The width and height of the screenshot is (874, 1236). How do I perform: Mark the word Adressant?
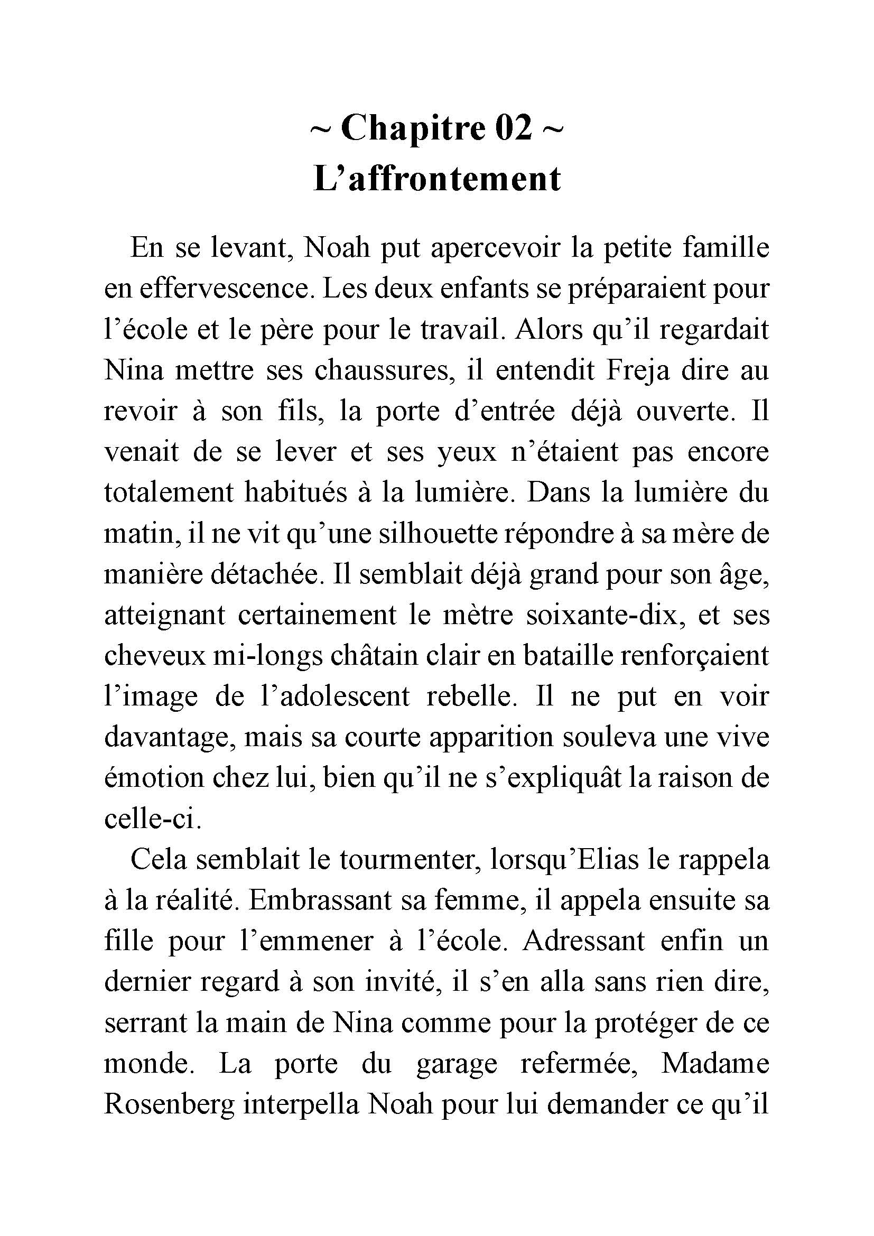click(x=584, y=942)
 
